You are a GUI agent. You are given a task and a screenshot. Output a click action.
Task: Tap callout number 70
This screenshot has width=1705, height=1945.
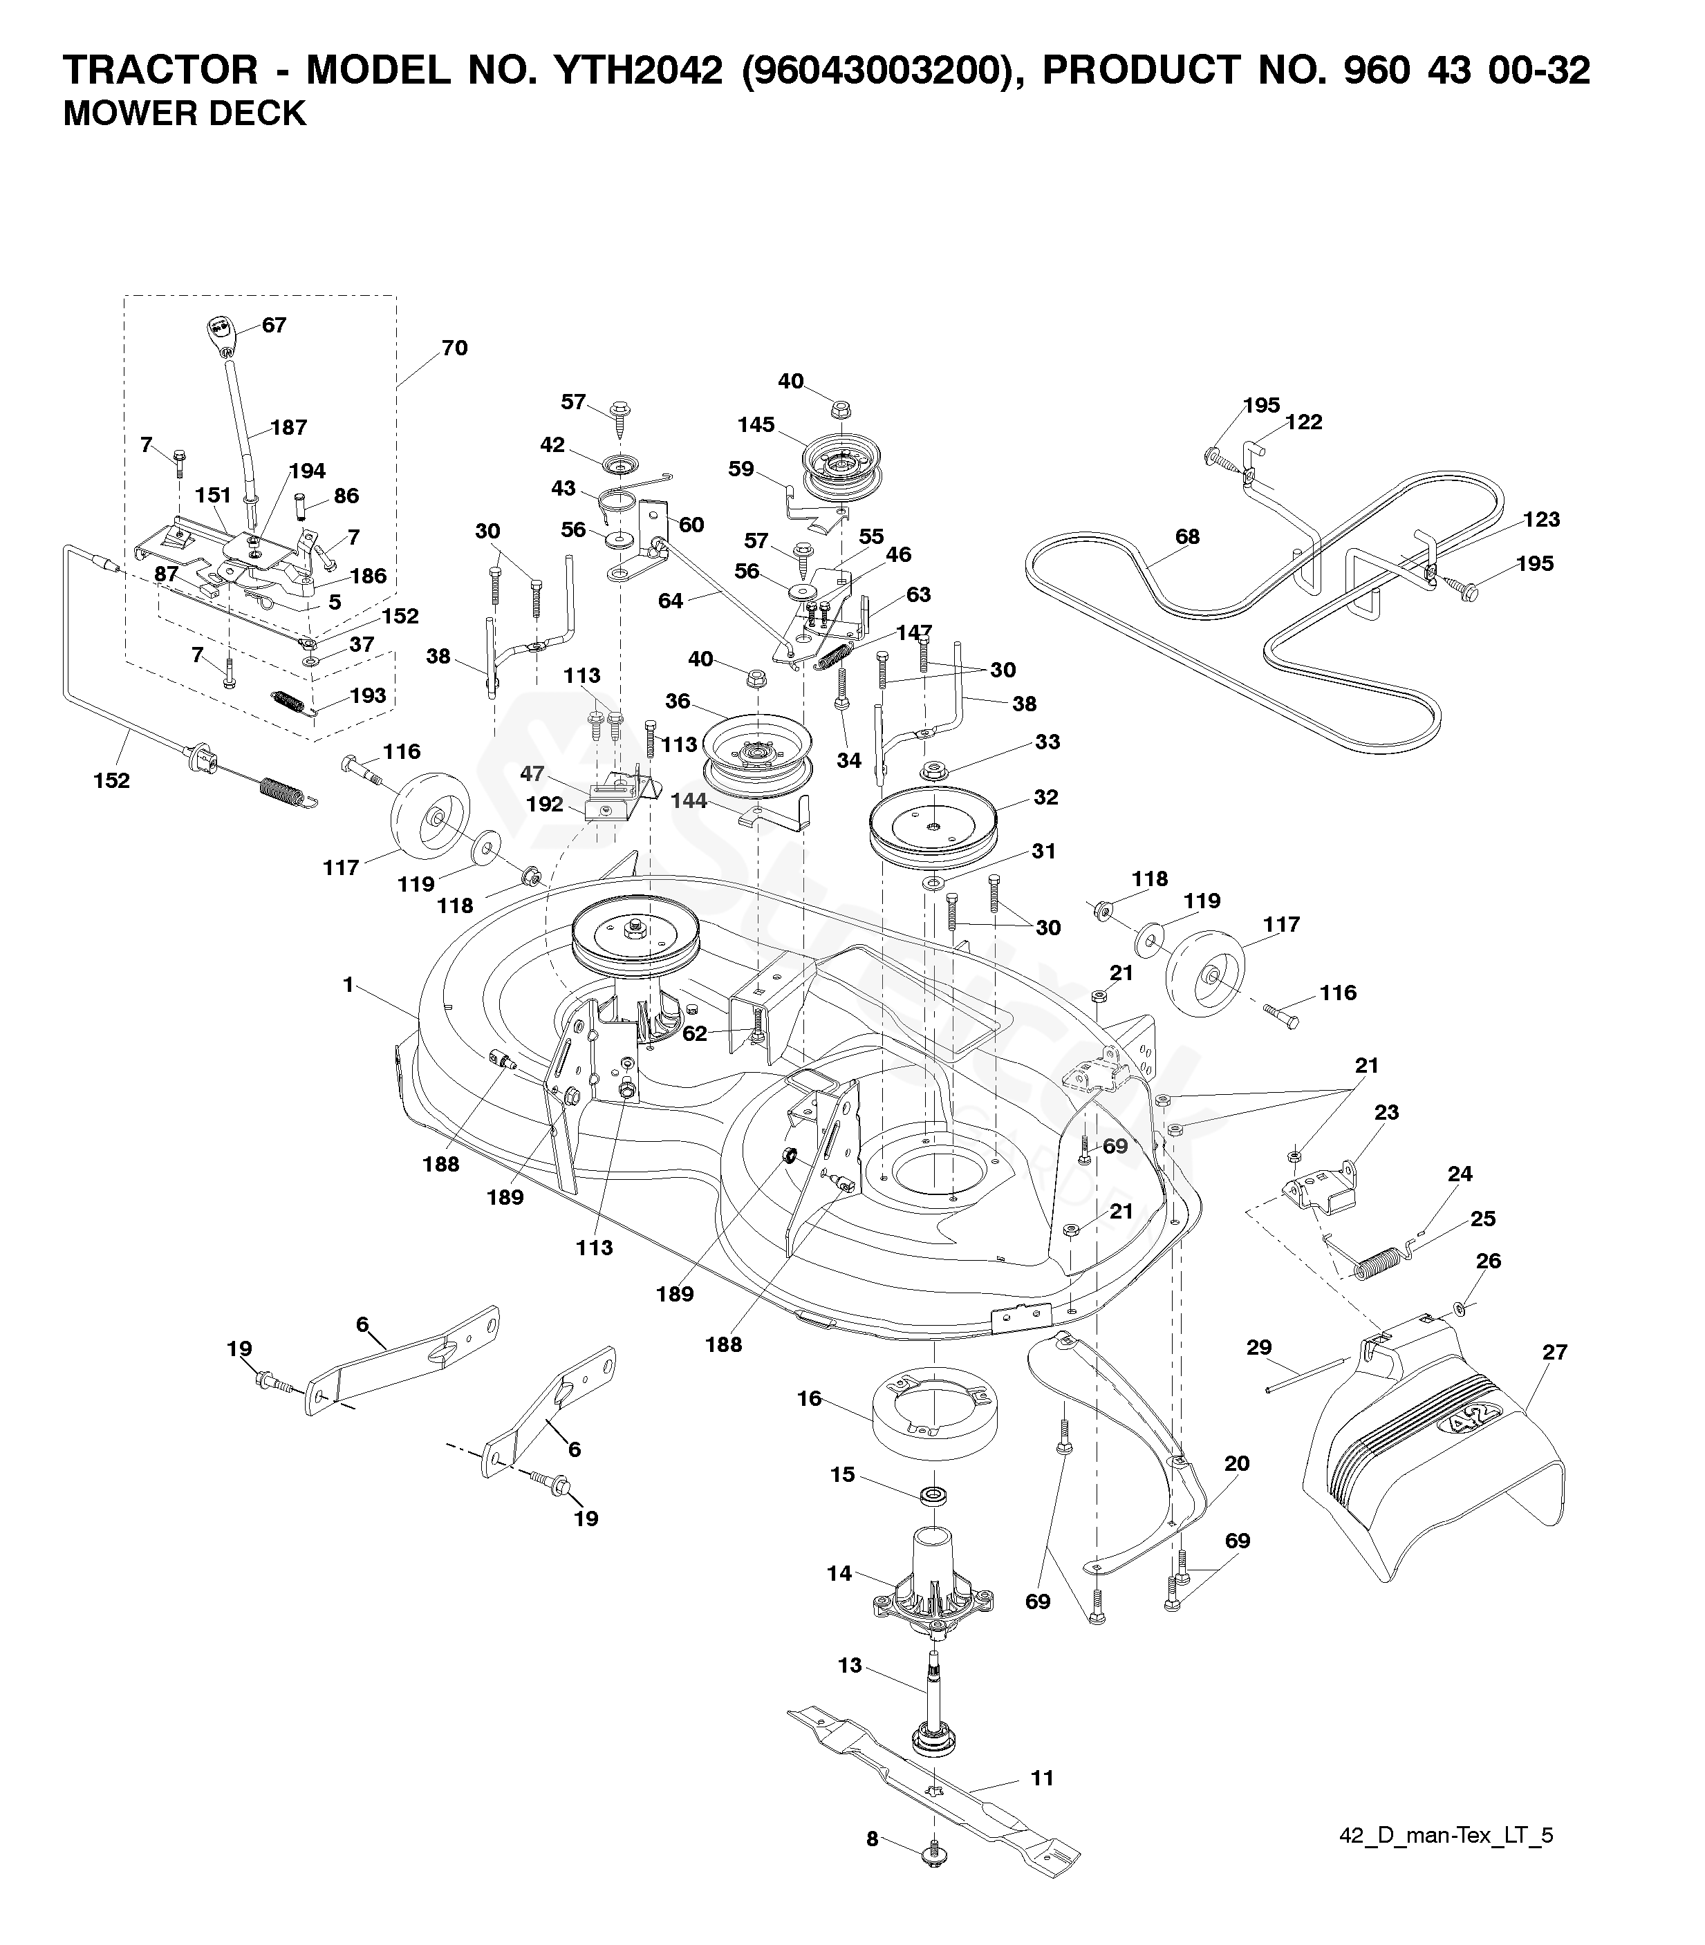455,348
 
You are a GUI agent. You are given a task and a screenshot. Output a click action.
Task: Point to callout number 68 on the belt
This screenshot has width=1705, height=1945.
1187,536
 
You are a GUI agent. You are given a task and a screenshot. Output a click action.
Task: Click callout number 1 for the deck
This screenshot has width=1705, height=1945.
348,986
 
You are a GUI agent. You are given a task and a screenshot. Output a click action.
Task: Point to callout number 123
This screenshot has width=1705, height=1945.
1541,519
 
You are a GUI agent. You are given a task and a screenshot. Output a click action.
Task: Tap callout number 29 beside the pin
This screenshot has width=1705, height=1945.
1259,1346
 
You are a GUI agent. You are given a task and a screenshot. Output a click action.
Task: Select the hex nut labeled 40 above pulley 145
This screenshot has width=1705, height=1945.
839,410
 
